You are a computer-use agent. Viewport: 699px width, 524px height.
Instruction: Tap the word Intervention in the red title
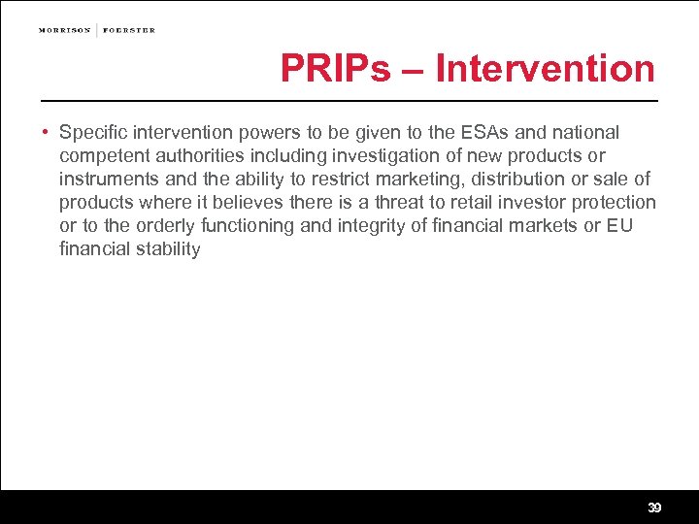click(546, 69)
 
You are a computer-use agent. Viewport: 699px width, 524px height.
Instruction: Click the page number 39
click(654, 508)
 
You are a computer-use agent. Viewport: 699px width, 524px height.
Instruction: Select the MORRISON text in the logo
click(65, 30)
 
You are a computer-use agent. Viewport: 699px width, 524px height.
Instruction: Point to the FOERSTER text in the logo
click(129, 30)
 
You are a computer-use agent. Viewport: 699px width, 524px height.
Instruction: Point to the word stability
click(167, 248)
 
